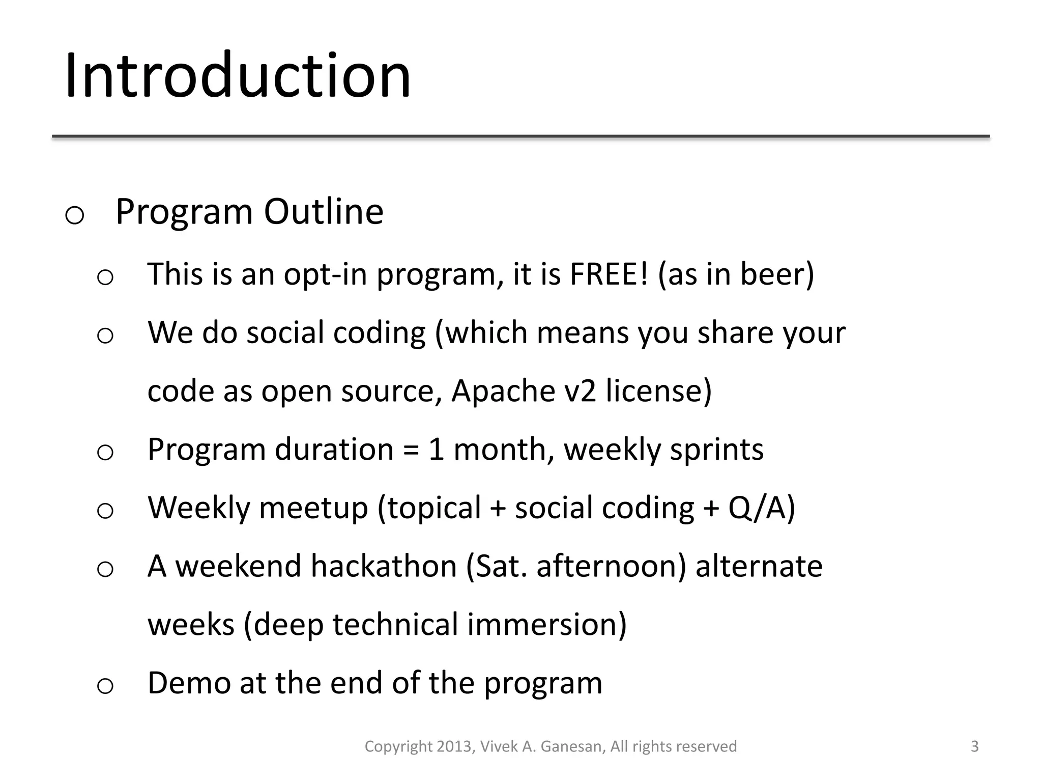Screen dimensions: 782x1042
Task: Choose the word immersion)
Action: click(x=547, y=625)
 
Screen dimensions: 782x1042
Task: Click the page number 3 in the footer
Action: click(x=974, y=746)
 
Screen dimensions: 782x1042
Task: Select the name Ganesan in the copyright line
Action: click(x=573, y=746)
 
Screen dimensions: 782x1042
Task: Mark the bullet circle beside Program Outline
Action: click(x=75, y=215)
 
